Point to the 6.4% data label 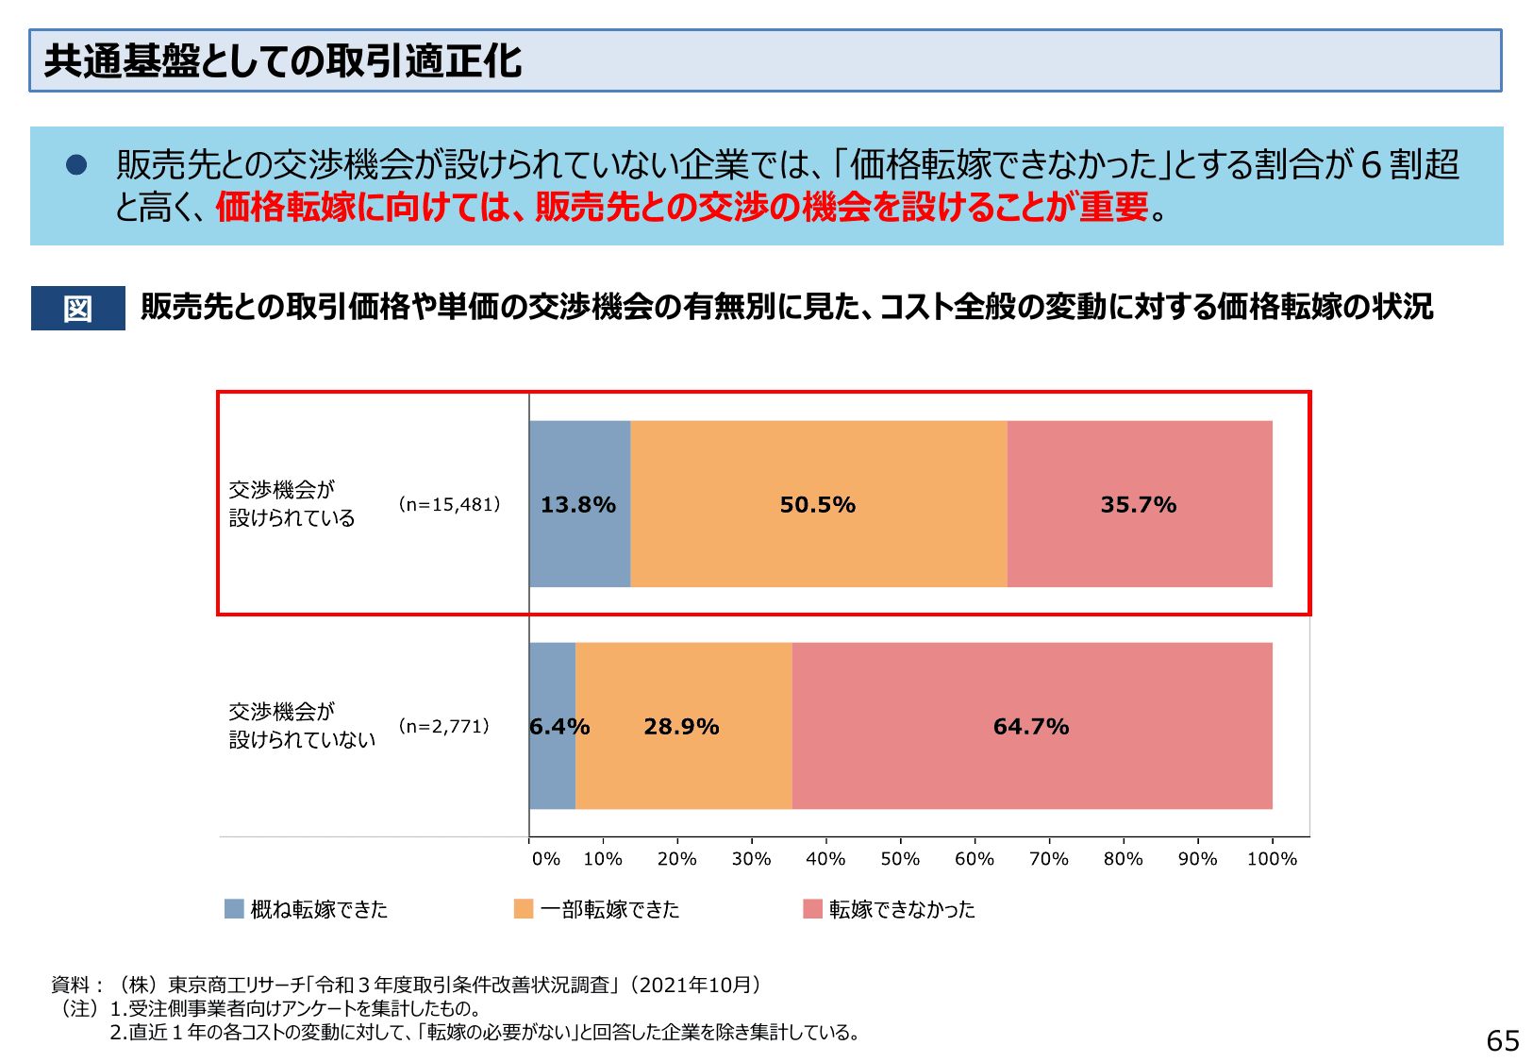coord(559,726)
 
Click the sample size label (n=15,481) coord(449,504)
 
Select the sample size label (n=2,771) coord(443,726)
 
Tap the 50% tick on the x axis coord(900,858)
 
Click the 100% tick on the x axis coord(1272,858)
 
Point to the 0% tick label coord(545,859)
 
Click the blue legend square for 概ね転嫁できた coord(234,908)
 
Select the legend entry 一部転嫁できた coord(608,909)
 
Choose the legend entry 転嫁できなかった coord(901,909)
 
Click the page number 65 coord(1502,1040)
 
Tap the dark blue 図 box coord(77,308)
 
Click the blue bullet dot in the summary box coord(76,165)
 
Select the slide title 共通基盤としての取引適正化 coord(283,61)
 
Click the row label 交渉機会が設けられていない coord(301,725)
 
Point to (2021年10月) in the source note coord(697,985)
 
